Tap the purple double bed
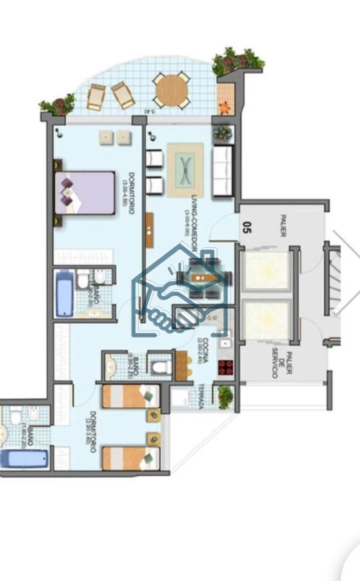[85, 192]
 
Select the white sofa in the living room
[223, 172]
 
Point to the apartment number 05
[247, 227]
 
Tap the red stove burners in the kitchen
[225, 367]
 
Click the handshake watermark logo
[182, 294]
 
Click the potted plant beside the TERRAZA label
[224, 396]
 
